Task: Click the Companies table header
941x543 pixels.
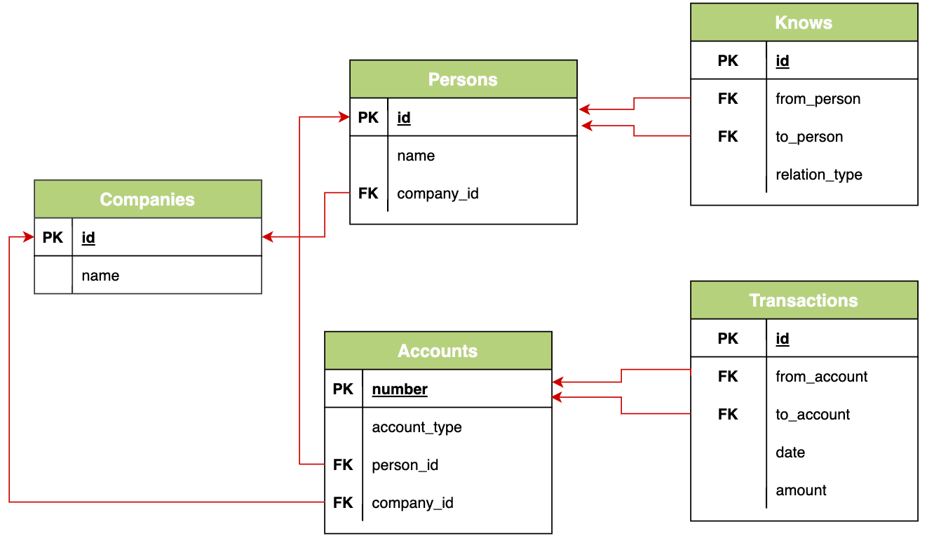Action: (147, 199)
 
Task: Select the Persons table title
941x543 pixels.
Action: (463, 79)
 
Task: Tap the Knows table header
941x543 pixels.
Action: (804, 22)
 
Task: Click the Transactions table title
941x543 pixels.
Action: (804, 300)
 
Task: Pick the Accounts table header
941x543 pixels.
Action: (438, 351)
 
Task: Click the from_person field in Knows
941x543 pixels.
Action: (818, 99)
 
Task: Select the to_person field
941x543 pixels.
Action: (809, 137)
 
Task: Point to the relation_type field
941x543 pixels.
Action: (818, 175)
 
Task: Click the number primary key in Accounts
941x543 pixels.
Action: (400, 389)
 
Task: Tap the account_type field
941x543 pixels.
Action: (417, 427)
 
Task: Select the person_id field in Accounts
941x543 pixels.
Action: (405, 465)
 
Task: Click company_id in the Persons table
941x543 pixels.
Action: (438, 194)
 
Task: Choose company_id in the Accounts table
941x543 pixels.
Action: (412, 503)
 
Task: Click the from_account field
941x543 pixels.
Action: (821, 377)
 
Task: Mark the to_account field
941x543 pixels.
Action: (813, 415)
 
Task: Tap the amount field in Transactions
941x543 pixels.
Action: (801, 490)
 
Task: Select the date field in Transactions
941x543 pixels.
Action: (790, 452)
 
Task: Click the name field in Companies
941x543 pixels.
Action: (100, 276)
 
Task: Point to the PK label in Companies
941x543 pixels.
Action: (53, 238)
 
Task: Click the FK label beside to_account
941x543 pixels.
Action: (728, 415)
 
